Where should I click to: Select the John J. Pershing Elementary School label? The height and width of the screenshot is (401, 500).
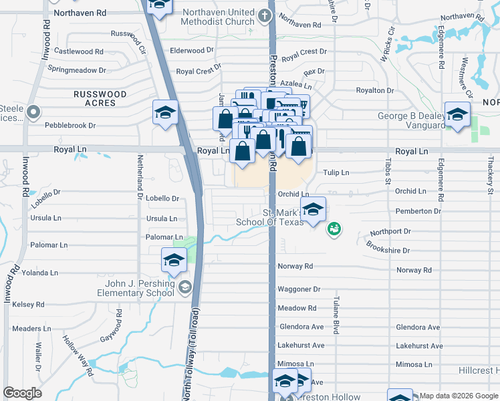136,288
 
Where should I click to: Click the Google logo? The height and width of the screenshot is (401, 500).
22,393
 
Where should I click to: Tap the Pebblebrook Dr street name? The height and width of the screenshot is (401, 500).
70,125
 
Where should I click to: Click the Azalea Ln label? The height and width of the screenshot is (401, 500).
296,86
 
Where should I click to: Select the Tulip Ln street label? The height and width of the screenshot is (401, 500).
336,172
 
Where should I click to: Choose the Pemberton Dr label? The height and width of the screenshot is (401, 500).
418,211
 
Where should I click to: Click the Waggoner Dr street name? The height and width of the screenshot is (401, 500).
299,289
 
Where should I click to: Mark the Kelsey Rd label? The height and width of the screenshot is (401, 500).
28,305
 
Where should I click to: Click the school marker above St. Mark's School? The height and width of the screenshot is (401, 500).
313,209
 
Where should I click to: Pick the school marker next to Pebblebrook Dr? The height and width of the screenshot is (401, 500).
164,113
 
